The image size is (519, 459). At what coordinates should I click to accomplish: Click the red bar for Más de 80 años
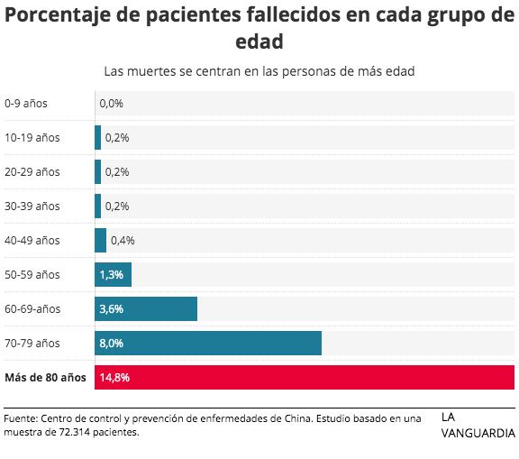click(305, 377)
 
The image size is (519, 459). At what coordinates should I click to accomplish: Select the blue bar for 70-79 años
click(208, 343)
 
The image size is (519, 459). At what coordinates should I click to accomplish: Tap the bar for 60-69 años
click(146, 308)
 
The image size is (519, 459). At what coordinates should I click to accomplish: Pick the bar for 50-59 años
click(113, 274)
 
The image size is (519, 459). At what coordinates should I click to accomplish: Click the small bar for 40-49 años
click(100, 240)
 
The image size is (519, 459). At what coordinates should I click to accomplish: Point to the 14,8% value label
click(114, 378)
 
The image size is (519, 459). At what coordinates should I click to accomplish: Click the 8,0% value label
click(111, 343)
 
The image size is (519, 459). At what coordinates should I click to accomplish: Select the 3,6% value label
click(111, 309)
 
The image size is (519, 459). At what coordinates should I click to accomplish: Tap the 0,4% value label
click(123, 241)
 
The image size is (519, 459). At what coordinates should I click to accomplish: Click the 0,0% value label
click(111, 104)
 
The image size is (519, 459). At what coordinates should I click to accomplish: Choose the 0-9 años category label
click(26, 104)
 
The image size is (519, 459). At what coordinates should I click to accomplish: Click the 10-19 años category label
click(32, 137)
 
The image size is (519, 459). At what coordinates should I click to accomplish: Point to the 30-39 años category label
click(32, 206)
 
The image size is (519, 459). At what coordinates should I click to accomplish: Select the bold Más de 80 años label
click(45, 378)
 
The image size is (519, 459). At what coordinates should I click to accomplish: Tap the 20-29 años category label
click(32, 172)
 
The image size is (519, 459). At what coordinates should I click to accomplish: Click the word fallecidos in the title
click(293, 15)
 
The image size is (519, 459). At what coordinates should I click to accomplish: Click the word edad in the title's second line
click(259, 41)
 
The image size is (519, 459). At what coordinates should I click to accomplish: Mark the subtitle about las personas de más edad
click(259, 71)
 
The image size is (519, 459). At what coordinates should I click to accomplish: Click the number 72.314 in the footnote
click(75, 432)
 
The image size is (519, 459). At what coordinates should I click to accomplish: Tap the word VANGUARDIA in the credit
click(478, 433)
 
